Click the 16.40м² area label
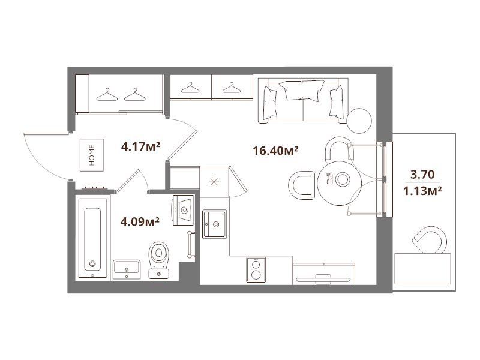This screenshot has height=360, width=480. click(275, 151)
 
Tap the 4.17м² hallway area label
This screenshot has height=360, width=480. click(140, 146)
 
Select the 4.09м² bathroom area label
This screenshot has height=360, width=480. click(140, 221)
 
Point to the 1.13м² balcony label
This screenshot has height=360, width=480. click(422, 191)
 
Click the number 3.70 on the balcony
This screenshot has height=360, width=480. click(422, 174)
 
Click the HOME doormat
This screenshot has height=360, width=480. click(92, 155)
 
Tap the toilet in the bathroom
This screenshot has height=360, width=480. click(158, 260)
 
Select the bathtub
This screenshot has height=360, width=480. click(92, 238)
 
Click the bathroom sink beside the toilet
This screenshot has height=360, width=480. click(127, 269)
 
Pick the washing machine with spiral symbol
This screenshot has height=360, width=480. click(183, 210)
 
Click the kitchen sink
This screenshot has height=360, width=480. click(214, 224)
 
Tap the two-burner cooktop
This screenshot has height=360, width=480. click(256, 269)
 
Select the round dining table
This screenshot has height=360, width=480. click(339, 184)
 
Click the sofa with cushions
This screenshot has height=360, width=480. click(303, 101)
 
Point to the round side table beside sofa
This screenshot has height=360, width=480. click(359, 121)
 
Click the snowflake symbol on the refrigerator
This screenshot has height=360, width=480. click(214, 182)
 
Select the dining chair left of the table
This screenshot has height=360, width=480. click(301, 185)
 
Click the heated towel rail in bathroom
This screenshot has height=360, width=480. click(190, 245)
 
